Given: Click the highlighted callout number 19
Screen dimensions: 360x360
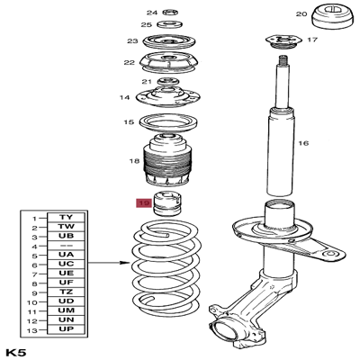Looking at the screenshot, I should pyautogui.click(x=144, y=204).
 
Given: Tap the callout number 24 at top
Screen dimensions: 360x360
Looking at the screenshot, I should pyautogui.click(x=151, y=13).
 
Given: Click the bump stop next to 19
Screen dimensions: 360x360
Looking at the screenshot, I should pyautogui.click(x=168, y=203).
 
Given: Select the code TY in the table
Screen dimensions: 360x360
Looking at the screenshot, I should pyautogui.click(x=67, y=218).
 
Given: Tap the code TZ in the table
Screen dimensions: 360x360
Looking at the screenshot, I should pyautogui.click(x=67, y=292).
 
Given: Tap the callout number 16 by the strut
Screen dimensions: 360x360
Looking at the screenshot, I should pyautogui.click(x=303, y=143).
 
